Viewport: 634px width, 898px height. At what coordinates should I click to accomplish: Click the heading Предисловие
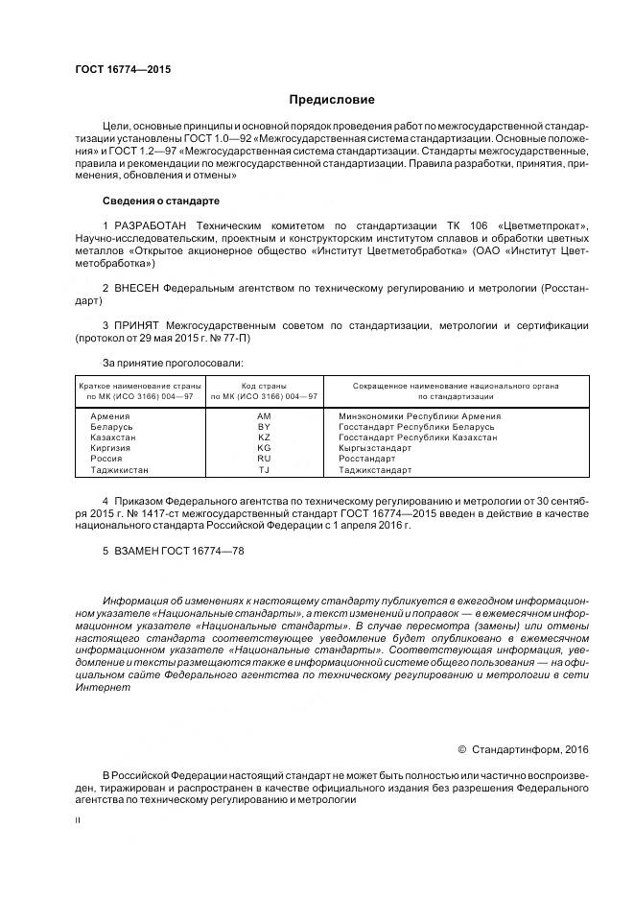332,100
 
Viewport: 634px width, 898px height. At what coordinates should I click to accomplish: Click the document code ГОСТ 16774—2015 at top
115,69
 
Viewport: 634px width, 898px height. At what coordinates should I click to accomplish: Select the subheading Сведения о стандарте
160,201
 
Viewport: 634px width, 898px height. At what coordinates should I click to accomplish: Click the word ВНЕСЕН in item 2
137,288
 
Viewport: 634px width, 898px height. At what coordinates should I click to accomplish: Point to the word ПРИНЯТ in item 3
136,325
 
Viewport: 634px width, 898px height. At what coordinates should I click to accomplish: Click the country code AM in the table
264,416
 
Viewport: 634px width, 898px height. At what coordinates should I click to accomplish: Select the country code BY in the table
264,427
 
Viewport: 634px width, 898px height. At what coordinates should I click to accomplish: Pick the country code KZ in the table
264,437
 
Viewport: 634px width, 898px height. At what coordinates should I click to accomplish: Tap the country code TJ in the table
264,470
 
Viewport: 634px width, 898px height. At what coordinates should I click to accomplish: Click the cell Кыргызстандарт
375,448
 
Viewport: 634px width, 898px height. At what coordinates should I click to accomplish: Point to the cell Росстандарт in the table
367,460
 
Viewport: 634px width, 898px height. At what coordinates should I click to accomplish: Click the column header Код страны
264,385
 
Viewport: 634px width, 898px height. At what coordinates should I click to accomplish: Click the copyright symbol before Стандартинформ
461,748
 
